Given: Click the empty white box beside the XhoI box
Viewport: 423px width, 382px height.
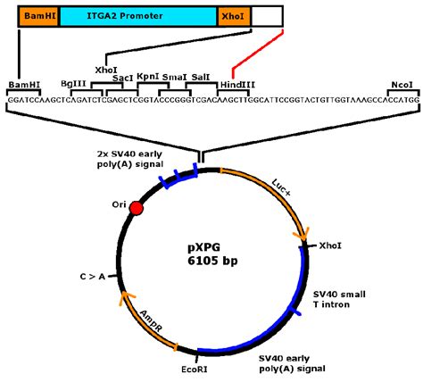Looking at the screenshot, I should tap(269, 15).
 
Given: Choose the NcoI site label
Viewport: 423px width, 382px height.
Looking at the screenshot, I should tap(402, 85).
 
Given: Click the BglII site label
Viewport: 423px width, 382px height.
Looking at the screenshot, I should tap(73, 85).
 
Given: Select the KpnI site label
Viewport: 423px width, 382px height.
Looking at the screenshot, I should tap(148, 78).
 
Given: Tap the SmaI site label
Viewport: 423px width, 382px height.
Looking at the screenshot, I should tap(174, 78).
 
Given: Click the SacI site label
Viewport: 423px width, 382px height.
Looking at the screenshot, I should tap(123, 78).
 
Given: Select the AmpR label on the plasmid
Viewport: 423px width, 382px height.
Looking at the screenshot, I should tap(152, 317).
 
